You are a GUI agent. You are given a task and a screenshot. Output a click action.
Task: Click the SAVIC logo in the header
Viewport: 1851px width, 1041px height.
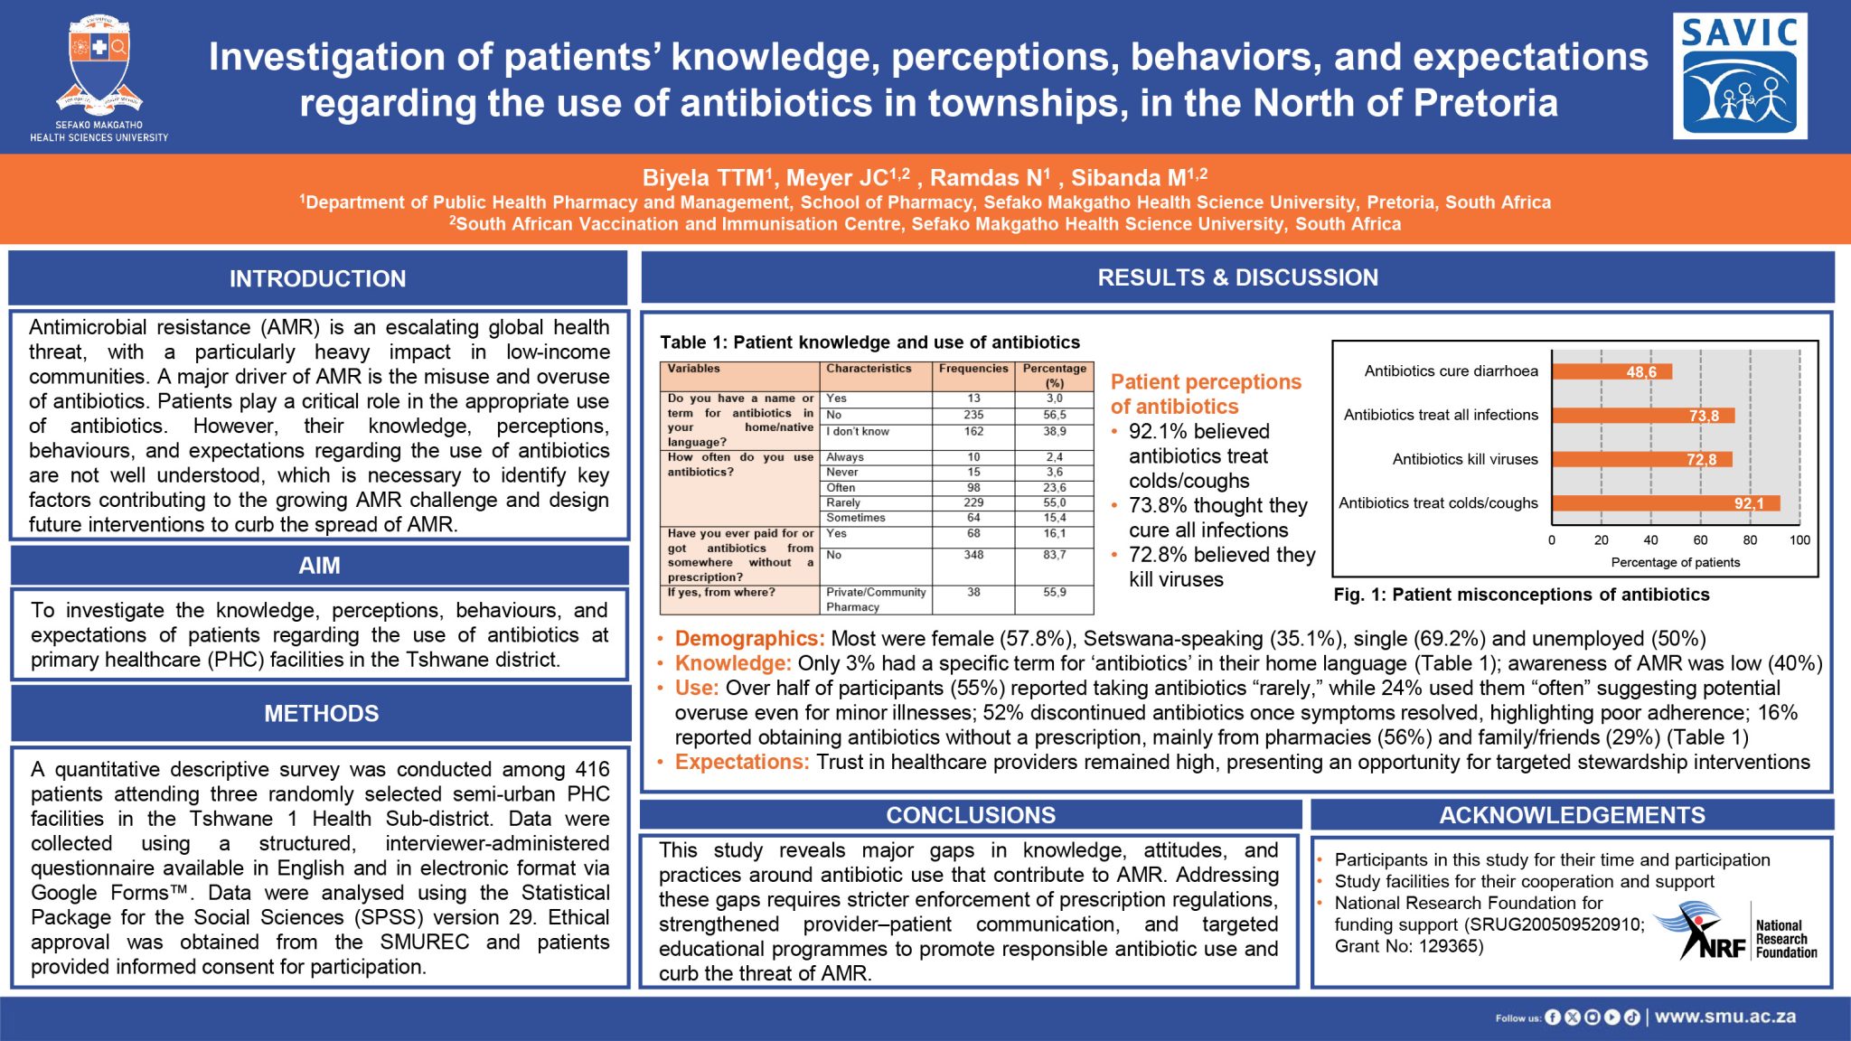tap(1740, 76)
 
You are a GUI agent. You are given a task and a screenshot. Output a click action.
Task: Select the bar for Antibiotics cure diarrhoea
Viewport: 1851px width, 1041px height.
tap(1612, 371)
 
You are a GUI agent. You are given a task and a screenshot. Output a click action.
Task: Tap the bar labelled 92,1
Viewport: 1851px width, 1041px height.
tap(1667, 503)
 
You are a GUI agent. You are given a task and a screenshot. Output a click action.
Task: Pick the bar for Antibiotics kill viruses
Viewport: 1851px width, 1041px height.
tap(1642, 459)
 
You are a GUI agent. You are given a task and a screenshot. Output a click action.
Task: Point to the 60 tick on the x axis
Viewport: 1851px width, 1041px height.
tap(1700, 540)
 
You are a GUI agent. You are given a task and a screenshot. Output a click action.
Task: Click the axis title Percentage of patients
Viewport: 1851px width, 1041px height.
tap(1676, 562)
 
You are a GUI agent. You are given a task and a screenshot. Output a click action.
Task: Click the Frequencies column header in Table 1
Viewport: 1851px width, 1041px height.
tap(973, 369)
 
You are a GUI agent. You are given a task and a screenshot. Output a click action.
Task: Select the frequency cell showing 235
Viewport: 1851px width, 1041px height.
tap(973, 415)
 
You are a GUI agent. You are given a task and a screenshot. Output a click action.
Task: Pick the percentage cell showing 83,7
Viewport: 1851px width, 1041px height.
tap(1055, 555)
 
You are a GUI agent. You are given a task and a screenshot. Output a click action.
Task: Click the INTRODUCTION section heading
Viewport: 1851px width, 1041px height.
tap(318, 278)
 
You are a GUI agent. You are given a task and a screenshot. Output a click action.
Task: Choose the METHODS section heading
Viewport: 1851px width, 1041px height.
tap(322, 713)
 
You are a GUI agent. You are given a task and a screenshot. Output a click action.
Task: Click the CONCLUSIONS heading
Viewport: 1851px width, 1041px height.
tap(971, 815)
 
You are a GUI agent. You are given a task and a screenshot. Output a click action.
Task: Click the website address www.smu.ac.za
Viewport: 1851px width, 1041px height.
tap(1725, 1017)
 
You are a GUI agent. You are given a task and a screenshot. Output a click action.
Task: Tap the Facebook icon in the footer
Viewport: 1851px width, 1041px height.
tap(1553, 1018)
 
